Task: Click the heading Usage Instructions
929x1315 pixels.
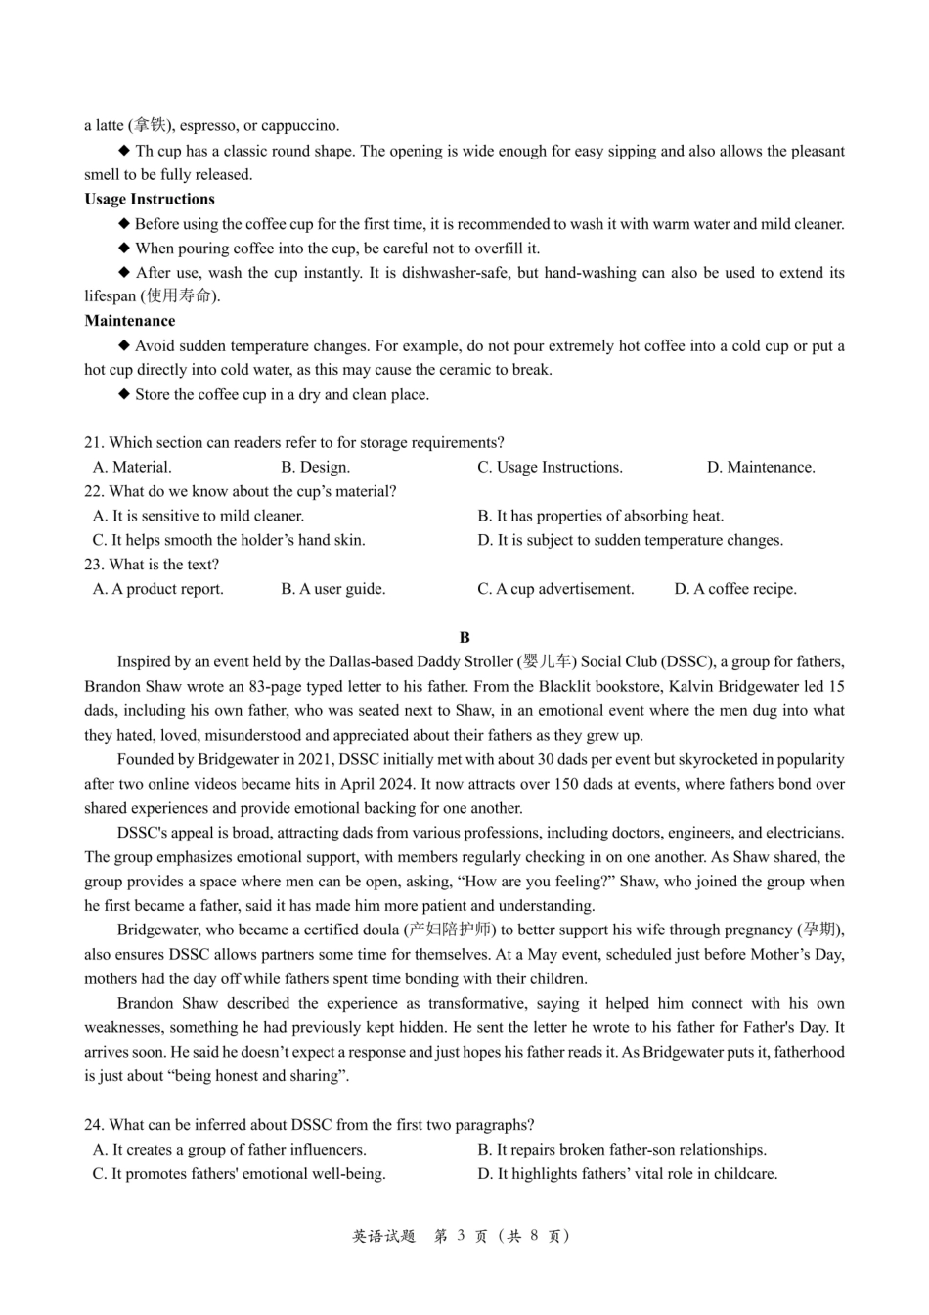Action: click(149, 199)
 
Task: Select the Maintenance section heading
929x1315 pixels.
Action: click(129, 321)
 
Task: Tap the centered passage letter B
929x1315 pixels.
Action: click(464, 637)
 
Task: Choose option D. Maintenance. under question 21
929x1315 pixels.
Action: click(761, 467)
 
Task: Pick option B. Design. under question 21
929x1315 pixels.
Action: click(315, 467)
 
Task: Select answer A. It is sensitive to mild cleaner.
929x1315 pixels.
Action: click(199, 516)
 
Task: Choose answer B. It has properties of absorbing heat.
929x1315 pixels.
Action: click(600, 516)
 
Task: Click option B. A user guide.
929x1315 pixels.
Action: click(332, 589)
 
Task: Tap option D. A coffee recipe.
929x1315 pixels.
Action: click(735, 589)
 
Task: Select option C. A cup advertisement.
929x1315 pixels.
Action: click(555, 589)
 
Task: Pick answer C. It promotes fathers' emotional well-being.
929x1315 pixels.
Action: click(239, 1174)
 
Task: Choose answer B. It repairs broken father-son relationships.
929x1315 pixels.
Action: click(622, 1150)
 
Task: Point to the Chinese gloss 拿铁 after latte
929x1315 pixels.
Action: click(151, 125)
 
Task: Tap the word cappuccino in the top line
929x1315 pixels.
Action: click(300, 125)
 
